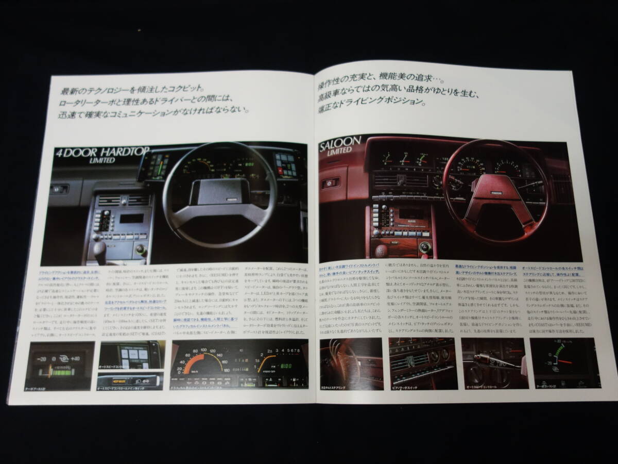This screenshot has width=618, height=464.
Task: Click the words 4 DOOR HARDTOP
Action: (x=97, y=153)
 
